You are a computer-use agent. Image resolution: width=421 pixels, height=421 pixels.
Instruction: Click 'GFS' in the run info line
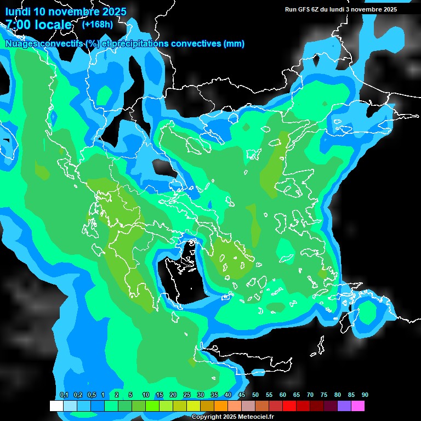tap(304, 9)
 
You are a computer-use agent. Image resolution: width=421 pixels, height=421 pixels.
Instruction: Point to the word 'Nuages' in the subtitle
tap(21, 43)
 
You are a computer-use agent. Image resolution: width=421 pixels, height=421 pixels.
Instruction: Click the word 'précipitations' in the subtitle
tap(139, 43)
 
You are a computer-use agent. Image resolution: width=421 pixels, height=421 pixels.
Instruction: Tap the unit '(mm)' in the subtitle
tap(234, 43)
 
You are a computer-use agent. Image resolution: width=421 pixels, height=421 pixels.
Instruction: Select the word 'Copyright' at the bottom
tap(206, 417)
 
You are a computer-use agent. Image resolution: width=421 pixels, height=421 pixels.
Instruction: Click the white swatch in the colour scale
tap(56, 406)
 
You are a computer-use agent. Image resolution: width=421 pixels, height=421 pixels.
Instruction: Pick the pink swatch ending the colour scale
tap(358, 406)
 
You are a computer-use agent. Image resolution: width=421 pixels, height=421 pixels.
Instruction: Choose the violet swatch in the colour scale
tap(344, 406)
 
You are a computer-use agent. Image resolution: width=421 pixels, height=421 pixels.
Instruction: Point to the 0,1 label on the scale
tap(64, 395)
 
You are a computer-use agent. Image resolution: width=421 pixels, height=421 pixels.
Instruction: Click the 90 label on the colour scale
tap(365, 395)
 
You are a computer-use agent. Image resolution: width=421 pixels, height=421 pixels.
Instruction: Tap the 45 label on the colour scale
tap(242, 395)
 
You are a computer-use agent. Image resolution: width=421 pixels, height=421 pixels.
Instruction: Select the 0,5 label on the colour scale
tap(92, 395)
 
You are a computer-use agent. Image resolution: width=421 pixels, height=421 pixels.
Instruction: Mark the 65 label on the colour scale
tap(297, 395)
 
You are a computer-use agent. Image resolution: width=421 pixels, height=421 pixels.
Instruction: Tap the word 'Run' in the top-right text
tap(291, 9)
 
